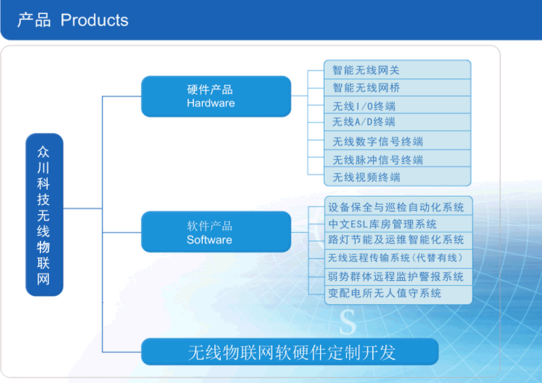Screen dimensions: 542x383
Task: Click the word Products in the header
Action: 94,21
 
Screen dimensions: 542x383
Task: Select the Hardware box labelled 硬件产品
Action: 216,96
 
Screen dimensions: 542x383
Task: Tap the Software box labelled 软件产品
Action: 216,232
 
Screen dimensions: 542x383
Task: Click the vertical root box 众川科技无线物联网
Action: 44,214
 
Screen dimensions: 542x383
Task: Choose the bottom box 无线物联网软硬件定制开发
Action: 290,352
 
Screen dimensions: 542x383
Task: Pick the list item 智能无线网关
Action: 366,70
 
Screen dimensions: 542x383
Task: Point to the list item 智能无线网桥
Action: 366,88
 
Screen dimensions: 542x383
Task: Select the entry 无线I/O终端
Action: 364,106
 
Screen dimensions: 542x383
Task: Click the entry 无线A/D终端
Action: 364,122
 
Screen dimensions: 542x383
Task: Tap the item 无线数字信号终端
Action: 378,141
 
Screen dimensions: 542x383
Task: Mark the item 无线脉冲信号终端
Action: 378,160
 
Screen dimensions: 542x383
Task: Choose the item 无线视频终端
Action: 366,177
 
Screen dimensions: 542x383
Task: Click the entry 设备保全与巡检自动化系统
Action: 396,207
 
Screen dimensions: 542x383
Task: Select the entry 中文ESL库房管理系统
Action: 382,224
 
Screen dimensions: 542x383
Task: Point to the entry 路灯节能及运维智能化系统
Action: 396,240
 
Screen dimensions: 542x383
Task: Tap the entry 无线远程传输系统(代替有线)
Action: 395,258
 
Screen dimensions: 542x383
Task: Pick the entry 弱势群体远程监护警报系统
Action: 396,276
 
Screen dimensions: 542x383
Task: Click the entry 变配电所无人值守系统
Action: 384,293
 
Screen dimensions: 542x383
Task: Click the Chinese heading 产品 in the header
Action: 34,20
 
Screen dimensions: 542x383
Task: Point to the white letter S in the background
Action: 347,322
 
